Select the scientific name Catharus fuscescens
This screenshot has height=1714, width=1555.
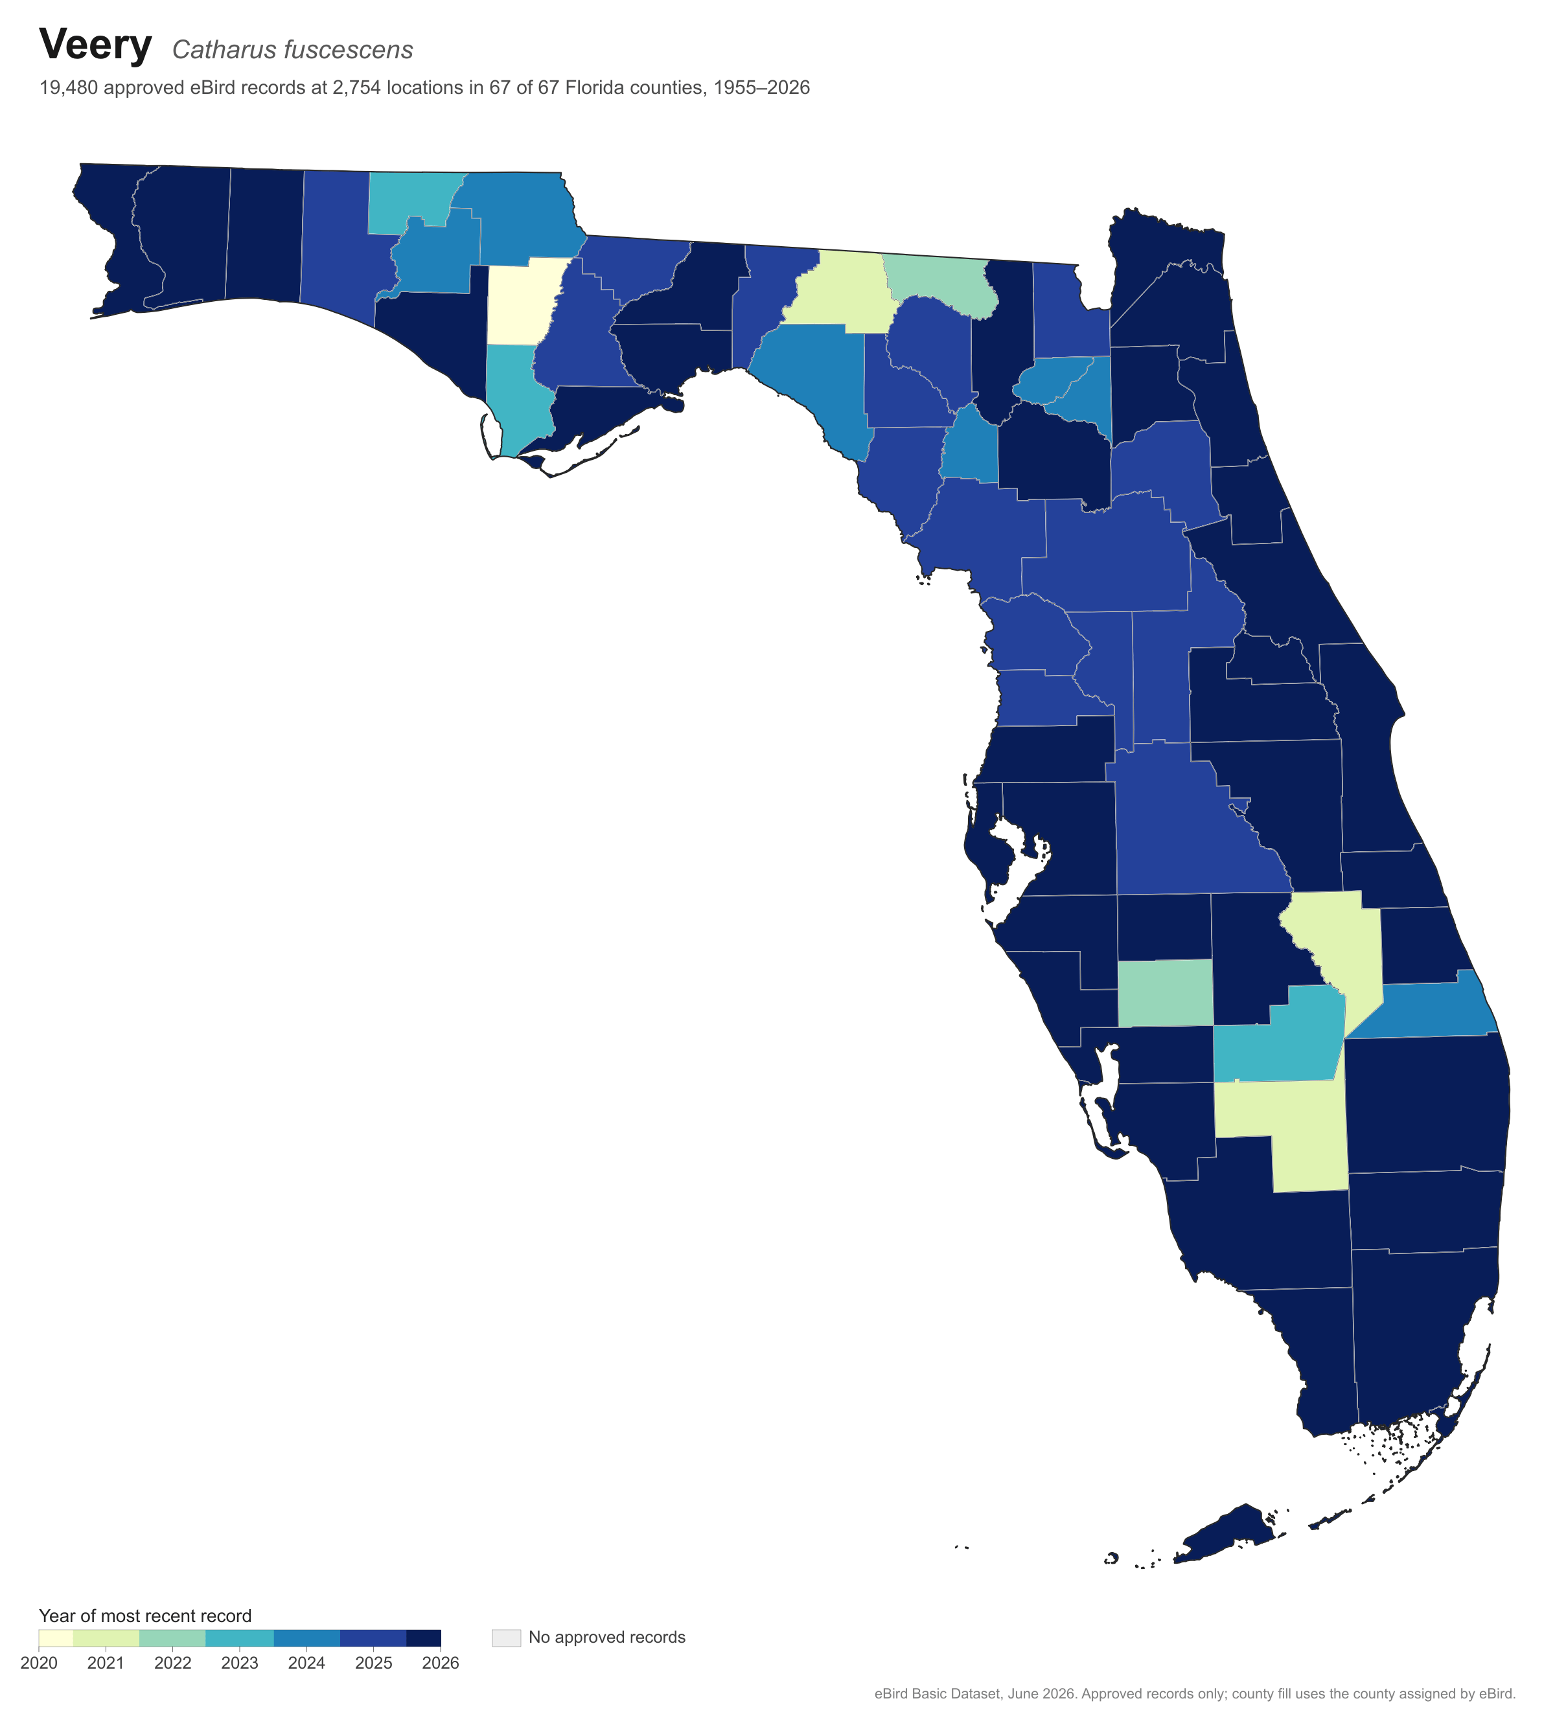[292, 49]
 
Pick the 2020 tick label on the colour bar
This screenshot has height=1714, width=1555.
[39, 1662]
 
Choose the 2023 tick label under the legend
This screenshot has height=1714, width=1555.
[240, 1662]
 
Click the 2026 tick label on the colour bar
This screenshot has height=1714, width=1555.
[441, 1662]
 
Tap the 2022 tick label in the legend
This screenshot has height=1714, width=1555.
[172, 1662]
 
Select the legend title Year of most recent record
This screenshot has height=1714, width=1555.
[145, 1616]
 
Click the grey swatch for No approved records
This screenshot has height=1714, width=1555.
[506, 1638]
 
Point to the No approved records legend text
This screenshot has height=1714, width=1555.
[607, 1637]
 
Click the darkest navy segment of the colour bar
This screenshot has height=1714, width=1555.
[423, 1638]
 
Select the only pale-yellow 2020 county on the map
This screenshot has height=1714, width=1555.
[523, 301]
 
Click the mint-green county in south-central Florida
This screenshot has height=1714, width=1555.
[1165, 993]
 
